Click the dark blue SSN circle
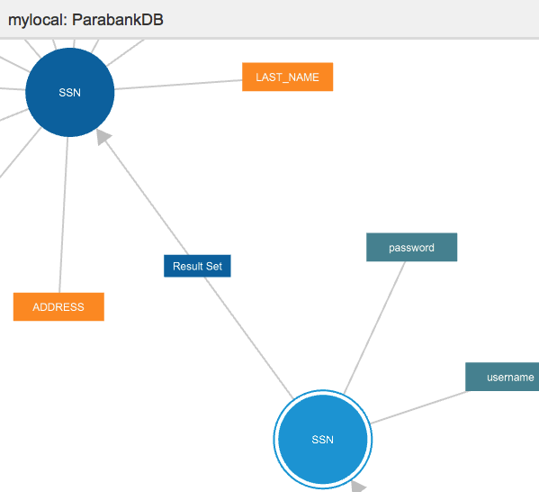coord(70,92)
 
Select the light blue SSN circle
coord(323,440)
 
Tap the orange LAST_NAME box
coord(287,77)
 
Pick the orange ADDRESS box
coord(58,306)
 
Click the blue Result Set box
coord(197,266)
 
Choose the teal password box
coord(412,247)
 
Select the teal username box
coord(502,377)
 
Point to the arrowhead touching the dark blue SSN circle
coord(103,137)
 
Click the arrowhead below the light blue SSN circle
coord(358,487)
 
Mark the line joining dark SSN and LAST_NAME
coord(178,85)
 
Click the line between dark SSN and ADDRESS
coord(64,214)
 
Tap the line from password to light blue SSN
coord(374,327)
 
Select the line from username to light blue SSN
coord(418,407)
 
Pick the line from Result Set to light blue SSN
coord(249,338)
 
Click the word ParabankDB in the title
coord(118,20)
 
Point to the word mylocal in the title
coord(35,20)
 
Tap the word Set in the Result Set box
coord(214,266)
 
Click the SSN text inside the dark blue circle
coord(70,92)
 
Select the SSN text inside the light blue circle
coord(323,440)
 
